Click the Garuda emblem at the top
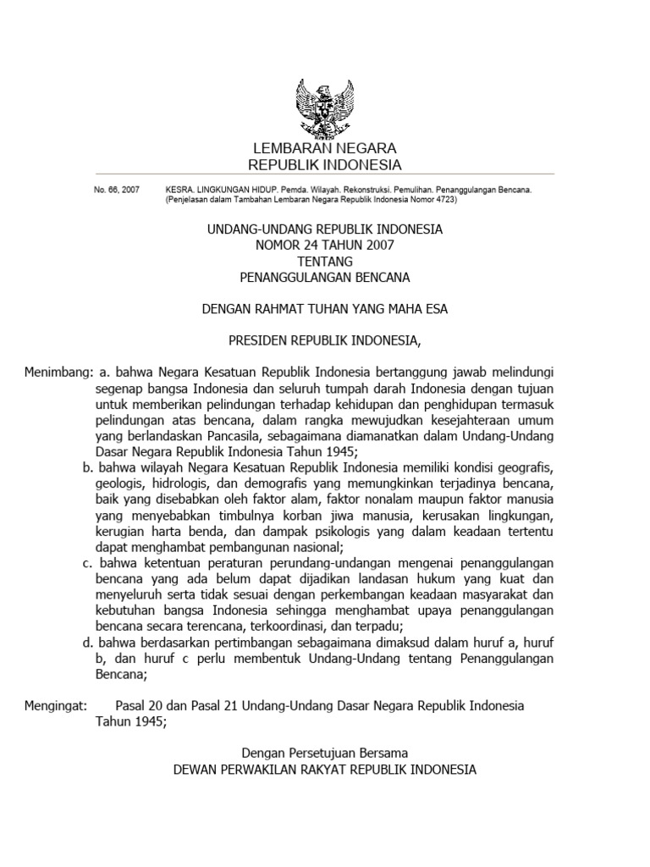click(x=324, y=109)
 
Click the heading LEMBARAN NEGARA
click(x=324, y=149)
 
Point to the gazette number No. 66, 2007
click(x=117, y=191)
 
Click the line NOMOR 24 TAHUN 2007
click(x=324, y=245)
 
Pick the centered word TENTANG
click(x=324, y=261)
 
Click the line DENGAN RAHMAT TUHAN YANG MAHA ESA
click(x=324, y=309)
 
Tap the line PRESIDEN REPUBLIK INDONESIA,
click(x=324, y=340)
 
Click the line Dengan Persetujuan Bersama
click(x=324, y=753)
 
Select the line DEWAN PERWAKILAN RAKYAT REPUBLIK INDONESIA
click(x=324, y=770)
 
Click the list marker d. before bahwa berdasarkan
click(x=88, y=643)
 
